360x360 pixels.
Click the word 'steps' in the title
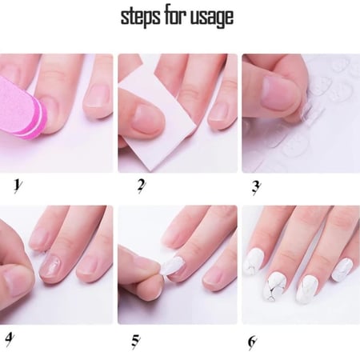140,18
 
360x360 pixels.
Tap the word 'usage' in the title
213,18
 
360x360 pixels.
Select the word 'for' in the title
176,15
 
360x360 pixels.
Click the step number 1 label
18,185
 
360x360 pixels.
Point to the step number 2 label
141,186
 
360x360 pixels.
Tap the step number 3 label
255,187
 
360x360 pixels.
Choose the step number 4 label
10,339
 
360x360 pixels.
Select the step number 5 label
135,341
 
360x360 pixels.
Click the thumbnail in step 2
147,118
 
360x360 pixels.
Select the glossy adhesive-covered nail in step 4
51,266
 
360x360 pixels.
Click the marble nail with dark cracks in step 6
276,286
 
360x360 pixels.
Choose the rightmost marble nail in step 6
342,270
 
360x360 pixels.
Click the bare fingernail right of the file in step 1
98,95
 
